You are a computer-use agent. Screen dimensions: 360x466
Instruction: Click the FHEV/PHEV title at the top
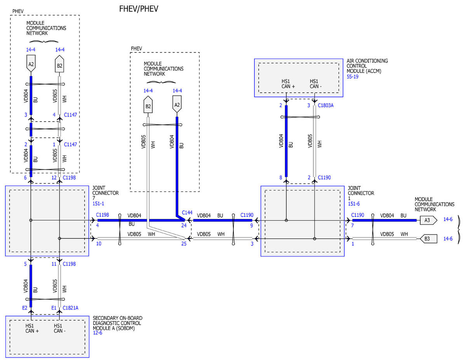pos(139,9)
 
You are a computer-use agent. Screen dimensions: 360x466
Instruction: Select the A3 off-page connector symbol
pos(427,220)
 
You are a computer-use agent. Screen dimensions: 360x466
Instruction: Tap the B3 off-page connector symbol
pos(427,238)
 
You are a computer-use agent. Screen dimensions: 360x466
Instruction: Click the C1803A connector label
pos(325,105)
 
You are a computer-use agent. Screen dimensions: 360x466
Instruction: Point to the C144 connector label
pos(187,212)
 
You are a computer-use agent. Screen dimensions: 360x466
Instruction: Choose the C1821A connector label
pos(70,308)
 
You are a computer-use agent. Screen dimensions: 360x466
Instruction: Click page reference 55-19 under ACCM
pos(353,77)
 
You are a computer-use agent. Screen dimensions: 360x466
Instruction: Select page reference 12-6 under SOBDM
pos(98,333)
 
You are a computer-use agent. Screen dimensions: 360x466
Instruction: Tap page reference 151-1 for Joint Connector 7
pos(98,203)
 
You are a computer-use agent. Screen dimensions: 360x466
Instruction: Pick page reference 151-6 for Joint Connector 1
pos(354,203)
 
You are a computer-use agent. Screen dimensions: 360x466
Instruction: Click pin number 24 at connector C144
pos(184,225)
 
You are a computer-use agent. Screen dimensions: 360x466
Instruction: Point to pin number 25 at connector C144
pos(184,244)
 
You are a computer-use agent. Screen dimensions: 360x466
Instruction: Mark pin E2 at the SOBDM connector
pos(24,308)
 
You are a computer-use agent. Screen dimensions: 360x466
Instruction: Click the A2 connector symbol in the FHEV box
pos(177,105)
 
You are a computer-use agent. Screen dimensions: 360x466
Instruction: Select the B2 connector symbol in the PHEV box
pos(59,66)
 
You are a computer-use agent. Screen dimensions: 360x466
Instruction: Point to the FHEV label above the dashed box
pos(136,49)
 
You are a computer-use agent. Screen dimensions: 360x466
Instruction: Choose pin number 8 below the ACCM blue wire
pos(280,178)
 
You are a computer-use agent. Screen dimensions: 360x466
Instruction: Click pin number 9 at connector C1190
pos(252,225)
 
